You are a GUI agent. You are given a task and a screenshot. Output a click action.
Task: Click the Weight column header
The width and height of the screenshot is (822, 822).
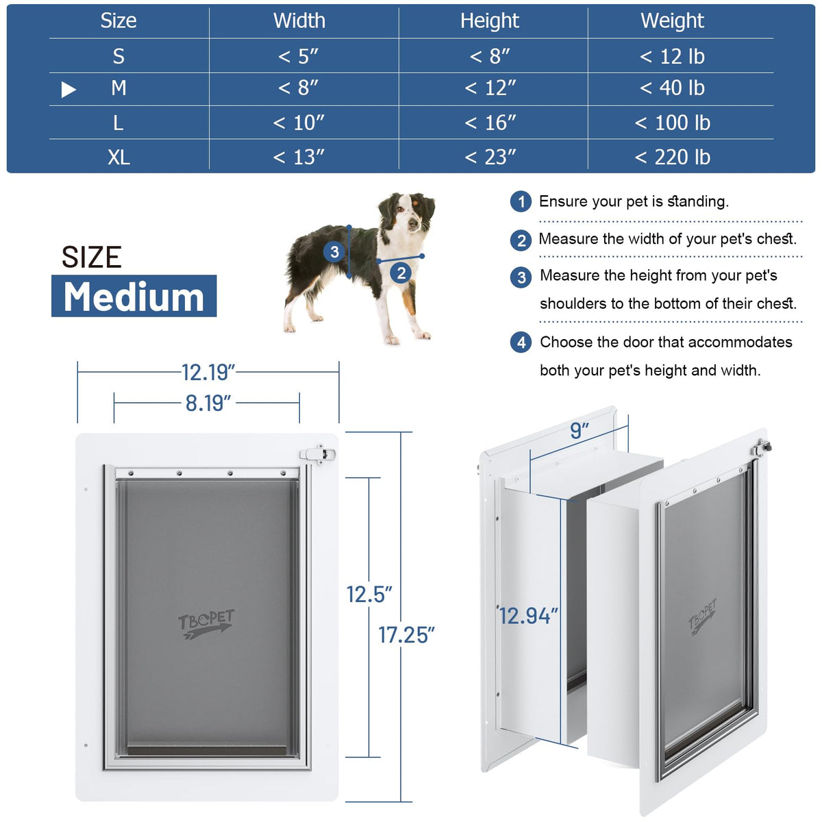click(x=672, y=21)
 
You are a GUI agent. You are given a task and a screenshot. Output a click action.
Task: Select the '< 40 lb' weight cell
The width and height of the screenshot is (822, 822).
click(x=672, y=88)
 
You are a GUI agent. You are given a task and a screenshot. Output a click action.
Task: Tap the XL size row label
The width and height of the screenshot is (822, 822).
click(x=119, y=157)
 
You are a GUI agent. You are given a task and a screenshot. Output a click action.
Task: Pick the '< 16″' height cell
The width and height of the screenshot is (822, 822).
click(x=490, y=123)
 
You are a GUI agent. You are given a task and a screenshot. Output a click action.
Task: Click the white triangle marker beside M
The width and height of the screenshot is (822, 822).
click(x=68, y=89)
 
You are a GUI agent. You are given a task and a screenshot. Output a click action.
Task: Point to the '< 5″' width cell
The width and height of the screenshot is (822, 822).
click(x=298, y=56)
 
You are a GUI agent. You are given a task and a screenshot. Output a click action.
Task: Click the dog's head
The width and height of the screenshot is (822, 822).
click(x=406, y=214)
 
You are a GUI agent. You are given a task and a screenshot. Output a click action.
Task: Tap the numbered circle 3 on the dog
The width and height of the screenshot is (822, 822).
click(x=334, y=251)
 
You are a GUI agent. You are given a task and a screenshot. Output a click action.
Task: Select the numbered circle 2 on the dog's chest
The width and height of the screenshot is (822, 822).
click(x=401, y=273)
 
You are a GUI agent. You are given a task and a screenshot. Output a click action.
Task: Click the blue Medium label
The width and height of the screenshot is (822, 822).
click(x=134, y=296)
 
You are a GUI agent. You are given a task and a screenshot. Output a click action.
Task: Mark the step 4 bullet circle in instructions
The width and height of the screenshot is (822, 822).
click(x=521, y=342)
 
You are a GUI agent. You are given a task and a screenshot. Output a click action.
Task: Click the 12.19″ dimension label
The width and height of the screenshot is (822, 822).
click(x=208, y=373)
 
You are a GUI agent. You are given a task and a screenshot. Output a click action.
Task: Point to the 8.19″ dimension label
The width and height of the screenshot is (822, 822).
click(x=208, y=403)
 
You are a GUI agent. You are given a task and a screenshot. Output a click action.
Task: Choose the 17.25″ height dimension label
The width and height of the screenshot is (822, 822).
click(x=406, y=635)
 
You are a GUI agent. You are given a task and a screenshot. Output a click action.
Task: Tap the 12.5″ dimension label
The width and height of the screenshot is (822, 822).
click(x=369, y=595)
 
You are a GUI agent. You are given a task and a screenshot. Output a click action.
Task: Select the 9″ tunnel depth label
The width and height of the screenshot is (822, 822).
click(x=580, y=430)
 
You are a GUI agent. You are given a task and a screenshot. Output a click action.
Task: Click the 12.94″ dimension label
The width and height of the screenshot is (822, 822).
click(x=529, y=616)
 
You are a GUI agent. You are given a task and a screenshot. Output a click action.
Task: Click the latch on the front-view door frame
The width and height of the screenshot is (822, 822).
click(x=318, y=454)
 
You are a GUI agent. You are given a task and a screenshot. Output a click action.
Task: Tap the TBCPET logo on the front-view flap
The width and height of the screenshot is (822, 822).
click(x=206, y=623)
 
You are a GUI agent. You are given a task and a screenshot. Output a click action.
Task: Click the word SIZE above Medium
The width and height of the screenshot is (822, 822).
click(x=92, y=258)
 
